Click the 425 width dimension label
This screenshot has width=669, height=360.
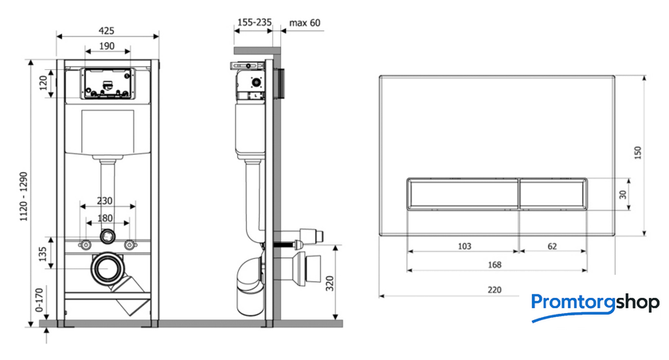point(106,31)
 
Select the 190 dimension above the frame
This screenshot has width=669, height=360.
point(107,46)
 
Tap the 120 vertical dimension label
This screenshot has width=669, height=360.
point(44,83)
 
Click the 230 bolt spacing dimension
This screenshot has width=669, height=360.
point(104,201)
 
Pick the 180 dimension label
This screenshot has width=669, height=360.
point(105,218)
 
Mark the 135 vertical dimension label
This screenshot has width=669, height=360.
point(43,254)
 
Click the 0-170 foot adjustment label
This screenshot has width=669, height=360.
point(39,299)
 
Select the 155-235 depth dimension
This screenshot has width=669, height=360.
point(254,22)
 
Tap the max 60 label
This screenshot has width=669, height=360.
point(304,22)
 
